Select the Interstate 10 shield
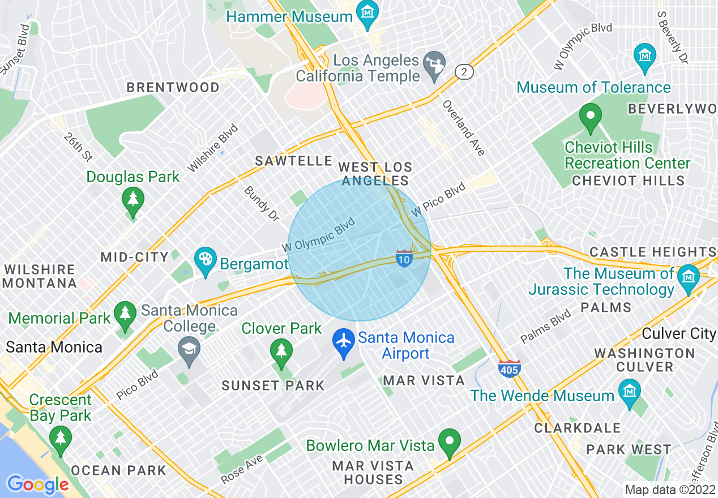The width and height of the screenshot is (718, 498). [x=404, y=257]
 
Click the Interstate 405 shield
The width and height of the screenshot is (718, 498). [x=510, y=368]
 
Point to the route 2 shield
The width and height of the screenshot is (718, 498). [x=464, y=71]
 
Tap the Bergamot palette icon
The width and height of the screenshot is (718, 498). [x=204, y=260]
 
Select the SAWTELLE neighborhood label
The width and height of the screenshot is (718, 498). [x=293, y=161]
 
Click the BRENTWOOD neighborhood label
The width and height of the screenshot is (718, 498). [x=173, y=87]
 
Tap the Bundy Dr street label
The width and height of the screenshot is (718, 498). [x=262, y=199]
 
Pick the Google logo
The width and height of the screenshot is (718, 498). [x=37, y=484]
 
